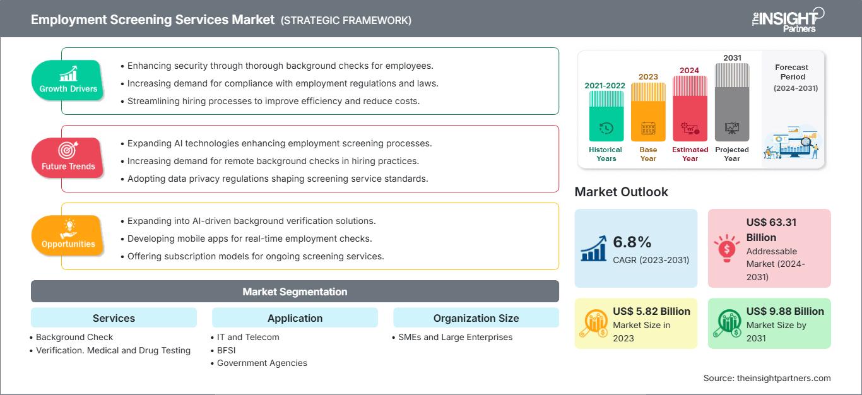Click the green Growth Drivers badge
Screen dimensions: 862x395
(68, 80)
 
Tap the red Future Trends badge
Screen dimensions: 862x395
(68, 158)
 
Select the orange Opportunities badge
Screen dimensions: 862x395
(68, 235)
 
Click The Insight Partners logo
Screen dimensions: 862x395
(788, 20)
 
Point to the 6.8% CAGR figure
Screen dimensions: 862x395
(632, 242)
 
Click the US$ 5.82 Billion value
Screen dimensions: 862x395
(651, 311)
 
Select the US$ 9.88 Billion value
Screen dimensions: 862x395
(785, 311)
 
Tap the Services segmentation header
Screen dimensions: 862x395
(114, 318)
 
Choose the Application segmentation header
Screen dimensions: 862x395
(295, 318)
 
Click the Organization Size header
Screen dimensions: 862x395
(476, 318)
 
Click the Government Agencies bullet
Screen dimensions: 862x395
(259, 363)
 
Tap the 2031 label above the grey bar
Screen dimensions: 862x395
(732, 57)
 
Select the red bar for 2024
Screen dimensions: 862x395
(690, 109)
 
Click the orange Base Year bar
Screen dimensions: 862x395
(648, 112)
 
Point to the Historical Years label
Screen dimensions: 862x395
(605, 154)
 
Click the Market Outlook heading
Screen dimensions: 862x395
(621, 192)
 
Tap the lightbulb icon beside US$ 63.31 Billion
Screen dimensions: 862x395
(726, 248)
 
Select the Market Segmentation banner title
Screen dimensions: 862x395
(295, 292)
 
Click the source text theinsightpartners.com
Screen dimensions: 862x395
(784, 378)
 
